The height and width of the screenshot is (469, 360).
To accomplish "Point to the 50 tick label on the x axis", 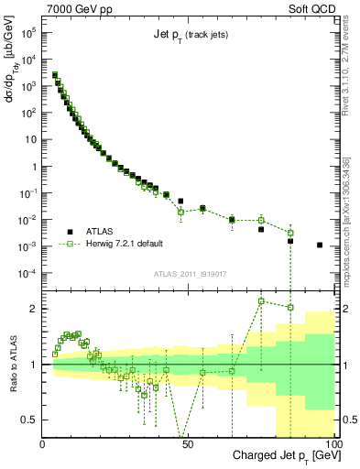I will pos(188,444).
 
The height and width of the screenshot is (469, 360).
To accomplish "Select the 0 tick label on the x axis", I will pos(44,444).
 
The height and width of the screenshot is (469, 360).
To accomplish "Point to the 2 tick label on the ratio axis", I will pos(34,309).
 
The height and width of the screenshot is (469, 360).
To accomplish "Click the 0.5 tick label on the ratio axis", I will pos(30,420).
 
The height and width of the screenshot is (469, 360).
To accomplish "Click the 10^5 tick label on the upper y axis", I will pos(27,31).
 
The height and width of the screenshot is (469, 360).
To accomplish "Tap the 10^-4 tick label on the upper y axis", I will pos(27,273).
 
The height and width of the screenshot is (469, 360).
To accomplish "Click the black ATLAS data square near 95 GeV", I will pos(319,245).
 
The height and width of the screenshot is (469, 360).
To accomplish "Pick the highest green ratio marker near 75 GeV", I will pos(261,300).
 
